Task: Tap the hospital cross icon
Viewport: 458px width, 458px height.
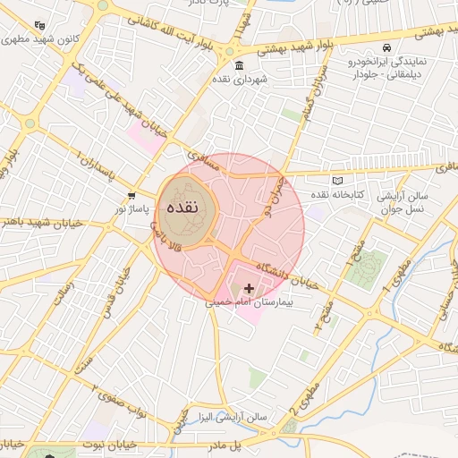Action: pos(248,289)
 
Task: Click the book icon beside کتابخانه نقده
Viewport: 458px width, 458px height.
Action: pos(336,181)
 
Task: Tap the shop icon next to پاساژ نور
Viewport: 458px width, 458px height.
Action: pos(131,194)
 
